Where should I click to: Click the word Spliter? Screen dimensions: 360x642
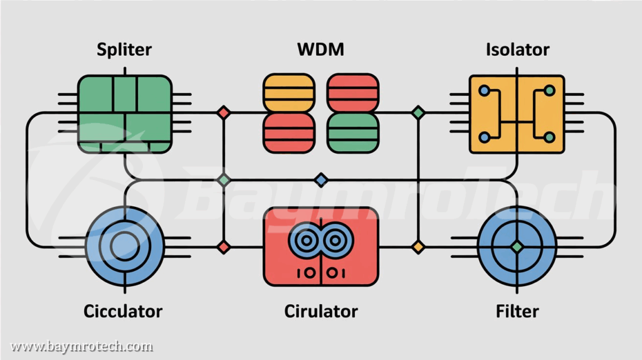tap(124, 50)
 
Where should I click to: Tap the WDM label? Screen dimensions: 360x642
tap(321, 50)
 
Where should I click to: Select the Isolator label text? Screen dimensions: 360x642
tap(517, 50)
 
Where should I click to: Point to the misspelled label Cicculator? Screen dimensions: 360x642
tap(123, 311)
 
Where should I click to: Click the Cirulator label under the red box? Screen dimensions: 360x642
tap(321, 311)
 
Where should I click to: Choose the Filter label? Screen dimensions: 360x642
tap(517, 311)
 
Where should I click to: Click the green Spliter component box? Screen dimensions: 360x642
tap(125, 114)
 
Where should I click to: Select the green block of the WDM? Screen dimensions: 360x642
tap(353, 133)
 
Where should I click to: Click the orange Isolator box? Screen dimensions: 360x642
tap(517, 114)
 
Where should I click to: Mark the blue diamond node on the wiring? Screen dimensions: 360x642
tap(321, 181)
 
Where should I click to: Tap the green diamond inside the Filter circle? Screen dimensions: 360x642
tap(517, 246)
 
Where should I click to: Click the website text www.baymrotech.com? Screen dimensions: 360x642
tap(82, 346)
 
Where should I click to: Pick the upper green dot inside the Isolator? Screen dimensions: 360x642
tap(549, 91)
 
